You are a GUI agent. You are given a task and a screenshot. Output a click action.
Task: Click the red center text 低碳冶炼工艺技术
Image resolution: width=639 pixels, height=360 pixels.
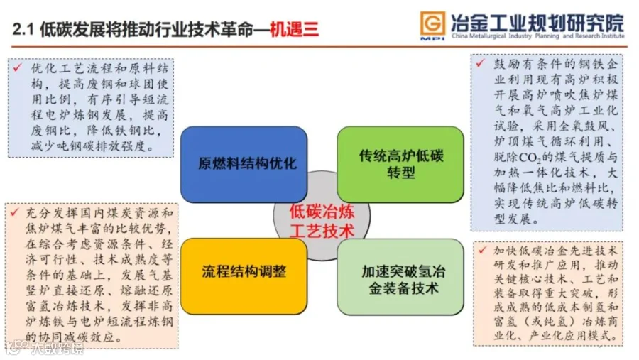[321, 220]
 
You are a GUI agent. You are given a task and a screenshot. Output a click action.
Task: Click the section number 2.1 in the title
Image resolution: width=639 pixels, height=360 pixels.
[24, 29]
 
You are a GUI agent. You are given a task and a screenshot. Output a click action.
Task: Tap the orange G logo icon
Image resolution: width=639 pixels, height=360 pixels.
[432, 21]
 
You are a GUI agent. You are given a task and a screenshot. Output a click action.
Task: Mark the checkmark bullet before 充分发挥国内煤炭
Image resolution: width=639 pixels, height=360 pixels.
[13, 213]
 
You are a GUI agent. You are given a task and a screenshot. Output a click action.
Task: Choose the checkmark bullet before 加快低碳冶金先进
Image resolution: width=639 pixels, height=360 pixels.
[481, 251]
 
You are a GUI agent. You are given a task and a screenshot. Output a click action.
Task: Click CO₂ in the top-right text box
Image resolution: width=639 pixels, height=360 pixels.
[539, 158]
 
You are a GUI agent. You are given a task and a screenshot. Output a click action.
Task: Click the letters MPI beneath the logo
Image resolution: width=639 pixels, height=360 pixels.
[432, 38]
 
